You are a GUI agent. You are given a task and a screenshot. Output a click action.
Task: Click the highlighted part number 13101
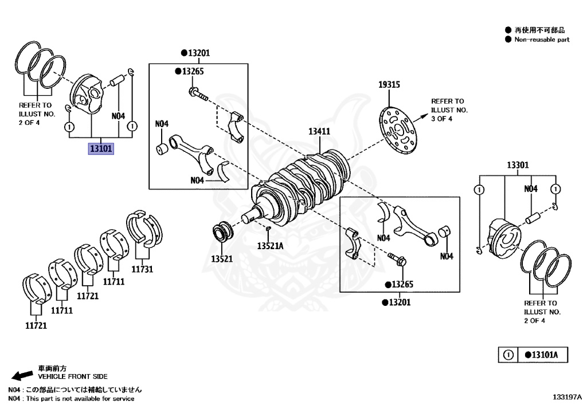tap(101, 149)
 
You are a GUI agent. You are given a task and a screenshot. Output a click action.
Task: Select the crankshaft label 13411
tap(319, 131)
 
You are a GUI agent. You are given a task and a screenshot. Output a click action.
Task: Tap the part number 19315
tap(389, 85)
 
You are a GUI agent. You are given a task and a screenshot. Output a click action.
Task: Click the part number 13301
tap(517, 165)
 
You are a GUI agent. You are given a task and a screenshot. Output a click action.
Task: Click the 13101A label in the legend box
tap(541, 355)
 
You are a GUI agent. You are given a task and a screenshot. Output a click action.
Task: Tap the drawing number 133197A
tap(567, 396)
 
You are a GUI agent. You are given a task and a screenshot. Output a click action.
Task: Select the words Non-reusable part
tap(542, 40)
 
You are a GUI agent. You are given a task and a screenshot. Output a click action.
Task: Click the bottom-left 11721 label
tap(36, 325)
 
